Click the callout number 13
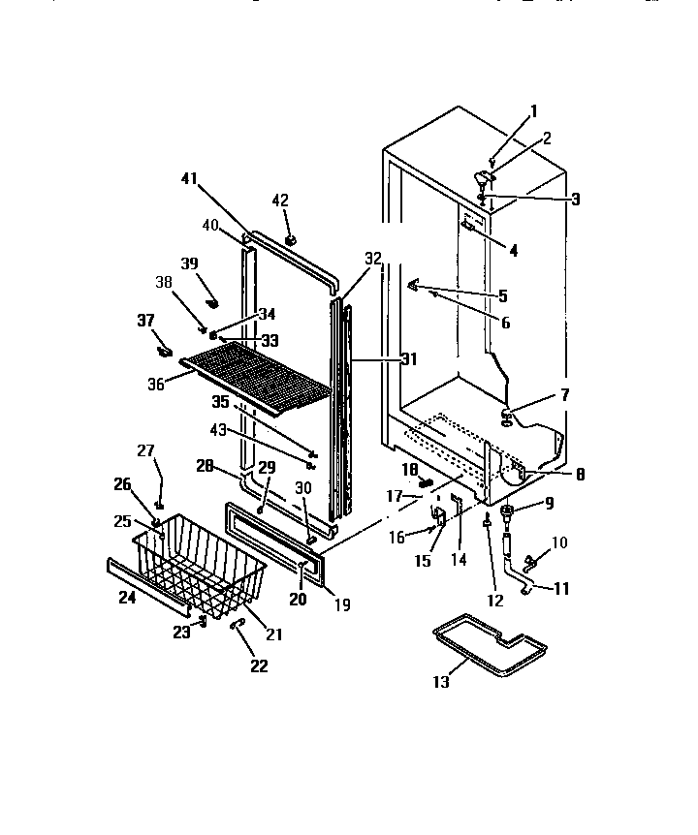click(441, 683)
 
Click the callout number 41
click(189, 178)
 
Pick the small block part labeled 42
click(290, 237)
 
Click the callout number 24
click(127, 598)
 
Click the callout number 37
click(145, 321)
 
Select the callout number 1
click(533, 110)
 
